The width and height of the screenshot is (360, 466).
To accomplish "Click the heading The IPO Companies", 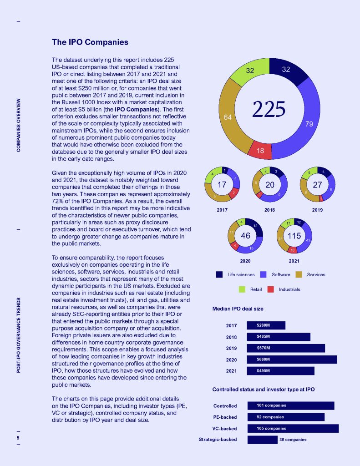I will click(x=90, y=42).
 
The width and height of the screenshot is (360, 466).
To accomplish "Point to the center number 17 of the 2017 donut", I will click(x=222, y=185).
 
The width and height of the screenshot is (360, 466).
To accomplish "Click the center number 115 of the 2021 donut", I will click(x=294, y=236).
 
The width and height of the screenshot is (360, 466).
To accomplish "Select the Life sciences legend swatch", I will click(x=219, y=274).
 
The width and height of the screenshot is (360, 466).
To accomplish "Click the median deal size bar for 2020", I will click(x=292, y=360).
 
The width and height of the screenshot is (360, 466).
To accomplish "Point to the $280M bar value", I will click(x=264, y=326).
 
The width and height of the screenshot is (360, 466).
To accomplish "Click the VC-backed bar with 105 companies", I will click(x=293, y=428).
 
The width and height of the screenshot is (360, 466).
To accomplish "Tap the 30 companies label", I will click(x=293, y=440).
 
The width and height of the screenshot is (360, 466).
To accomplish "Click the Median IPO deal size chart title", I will click(x=238, y=309).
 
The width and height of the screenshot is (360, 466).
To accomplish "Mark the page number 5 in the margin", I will click(x=18, y=438).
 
